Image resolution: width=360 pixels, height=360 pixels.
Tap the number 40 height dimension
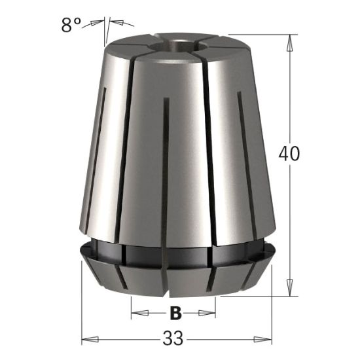[288, 154]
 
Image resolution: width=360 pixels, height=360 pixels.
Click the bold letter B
[175, 313]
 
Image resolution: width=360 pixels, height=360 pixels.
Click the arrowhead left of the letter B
[137, 313]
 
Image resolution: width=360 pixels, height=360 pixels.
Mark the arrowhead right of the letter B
[212, 313]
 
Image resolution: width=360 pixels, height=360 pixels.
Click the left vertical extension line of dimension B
[132, 304]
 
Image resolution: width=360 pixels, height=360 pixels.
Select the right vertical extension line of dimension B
[217, 304]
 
